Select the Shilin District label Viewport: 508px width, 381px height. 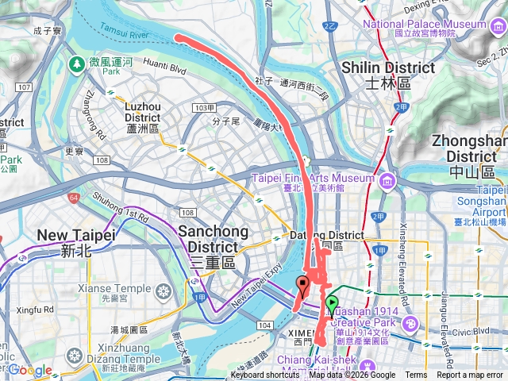(x=388, y=75)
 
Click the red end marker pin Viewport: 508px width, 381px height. (x=302, y=287)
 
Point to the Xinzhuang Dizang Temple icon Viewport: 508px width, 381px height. (x=74, y=353)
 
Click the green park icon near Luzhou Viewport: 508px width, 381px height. (x=76, y=63)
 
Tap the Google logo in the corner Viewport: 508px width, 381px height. (x=30, y=371)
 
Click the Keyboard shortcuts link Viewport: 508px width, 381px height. (x=265, y=375)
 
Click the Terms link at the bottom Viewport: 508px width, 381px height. (x=416, y=375)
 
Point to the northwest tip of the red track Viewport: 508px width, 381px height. (x=178, y=37)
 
